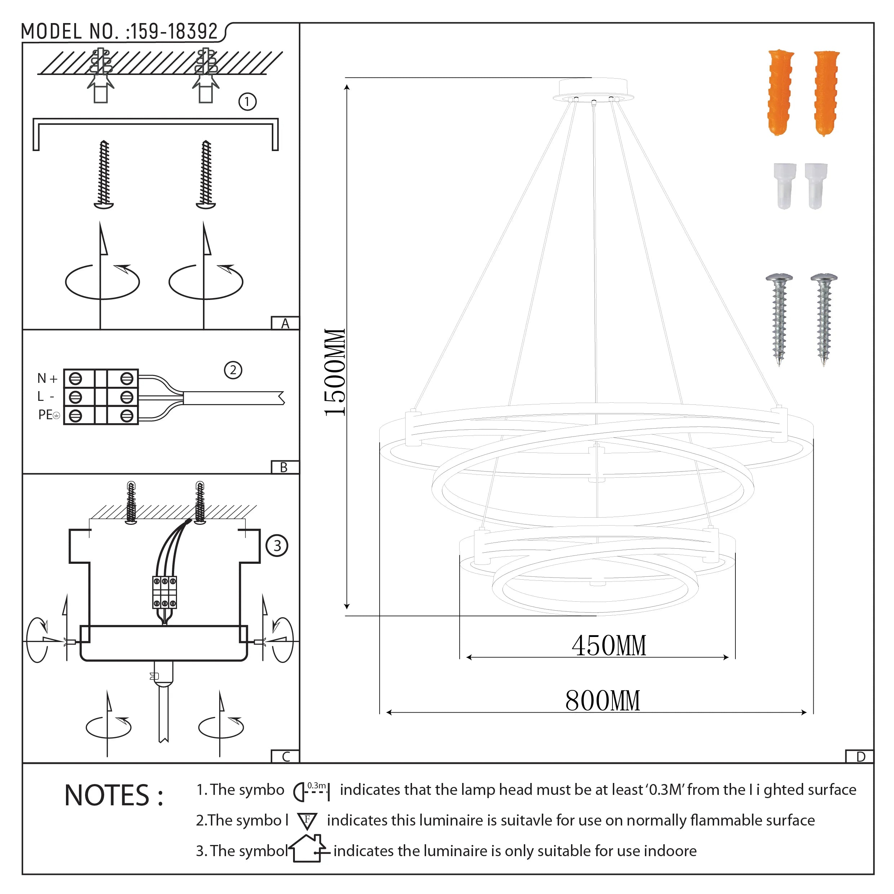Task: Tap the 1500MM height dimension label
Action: point(335,372)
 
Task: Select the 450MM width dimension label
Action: point(608,646)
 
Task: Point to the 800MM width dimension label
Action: point(602,701)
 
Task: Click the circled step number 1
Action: point(247,101)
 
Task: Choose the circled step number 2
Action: point(233,370)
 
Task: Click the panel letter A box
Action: point(285,323)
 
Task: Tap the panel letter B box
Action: point(284,467)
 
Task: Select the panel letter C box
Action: point(286,757)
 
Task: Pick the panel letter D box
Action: point(860,757)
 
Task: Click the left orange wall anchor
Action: point(781,93)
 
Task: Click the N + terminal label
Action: point(47,379)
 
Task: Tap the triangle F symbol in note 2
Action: point(307,821)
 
